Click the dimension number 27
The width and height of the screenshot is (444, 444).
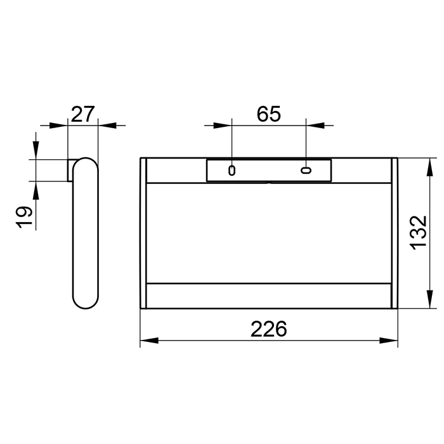82,114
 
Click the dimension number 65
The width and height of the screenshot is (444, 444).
269,114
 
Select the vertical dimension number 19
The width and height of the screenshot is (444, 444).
24,217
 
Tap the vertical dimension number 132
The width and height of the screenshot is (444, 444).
419,233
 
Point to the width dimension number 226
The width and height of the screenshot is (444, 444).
269,329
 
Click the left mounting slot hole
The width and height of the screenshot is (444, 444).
232,171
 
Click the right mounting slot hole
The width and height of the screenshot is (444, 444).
306,170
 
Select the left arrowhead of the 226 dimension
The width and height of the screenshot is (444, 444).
149,341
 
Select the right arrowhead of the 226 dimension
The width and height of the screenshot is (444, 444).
388,341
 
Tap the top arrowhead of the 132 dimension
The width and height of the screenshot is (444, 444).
430,167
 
